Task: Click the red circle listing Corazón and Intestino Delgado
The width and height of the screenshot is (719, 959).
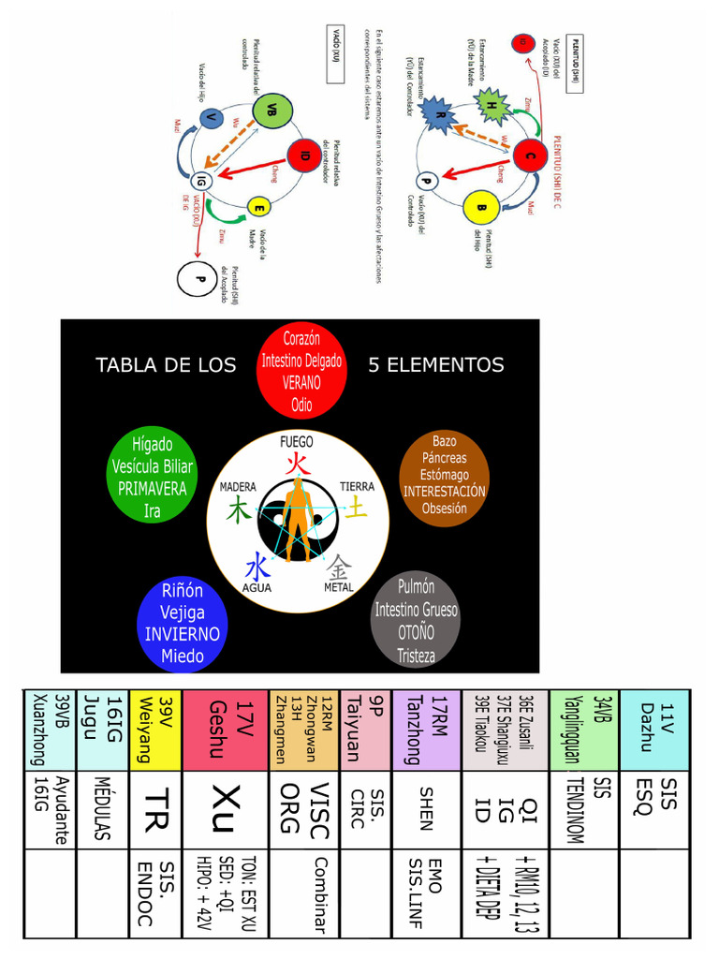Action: click(x=301, y=372)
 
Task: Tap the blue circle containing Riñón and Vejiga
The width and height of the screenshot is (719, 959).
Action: click(x=182, y=623)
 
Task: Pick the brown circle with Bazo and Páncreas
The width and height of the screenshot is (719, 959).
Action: click(x=444, y=477)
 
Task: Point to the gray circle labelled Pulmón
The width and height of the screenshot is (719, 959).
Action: click(x=416, y=620)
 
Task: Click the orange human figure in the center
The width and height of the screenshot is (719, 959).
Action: click(x=298, y=518)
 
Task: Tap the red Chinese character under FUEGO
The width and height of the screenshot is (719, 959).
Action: click(x=297, y=464)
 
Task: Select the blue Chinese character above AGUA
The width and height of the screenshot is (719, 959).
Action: click(x=257, y=567)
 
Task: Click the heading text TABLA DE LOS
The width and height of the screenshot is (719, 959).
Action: click(x=166, y=365)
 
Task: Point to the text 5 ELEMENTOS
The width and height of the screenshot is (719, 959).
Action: click(x=436, y=365)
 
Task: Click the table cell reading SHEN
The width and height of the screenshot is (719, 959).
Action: click(x=426, y=808)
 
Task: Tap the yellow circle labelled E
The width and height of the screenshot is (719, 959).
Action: click(x=258, y=207)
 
